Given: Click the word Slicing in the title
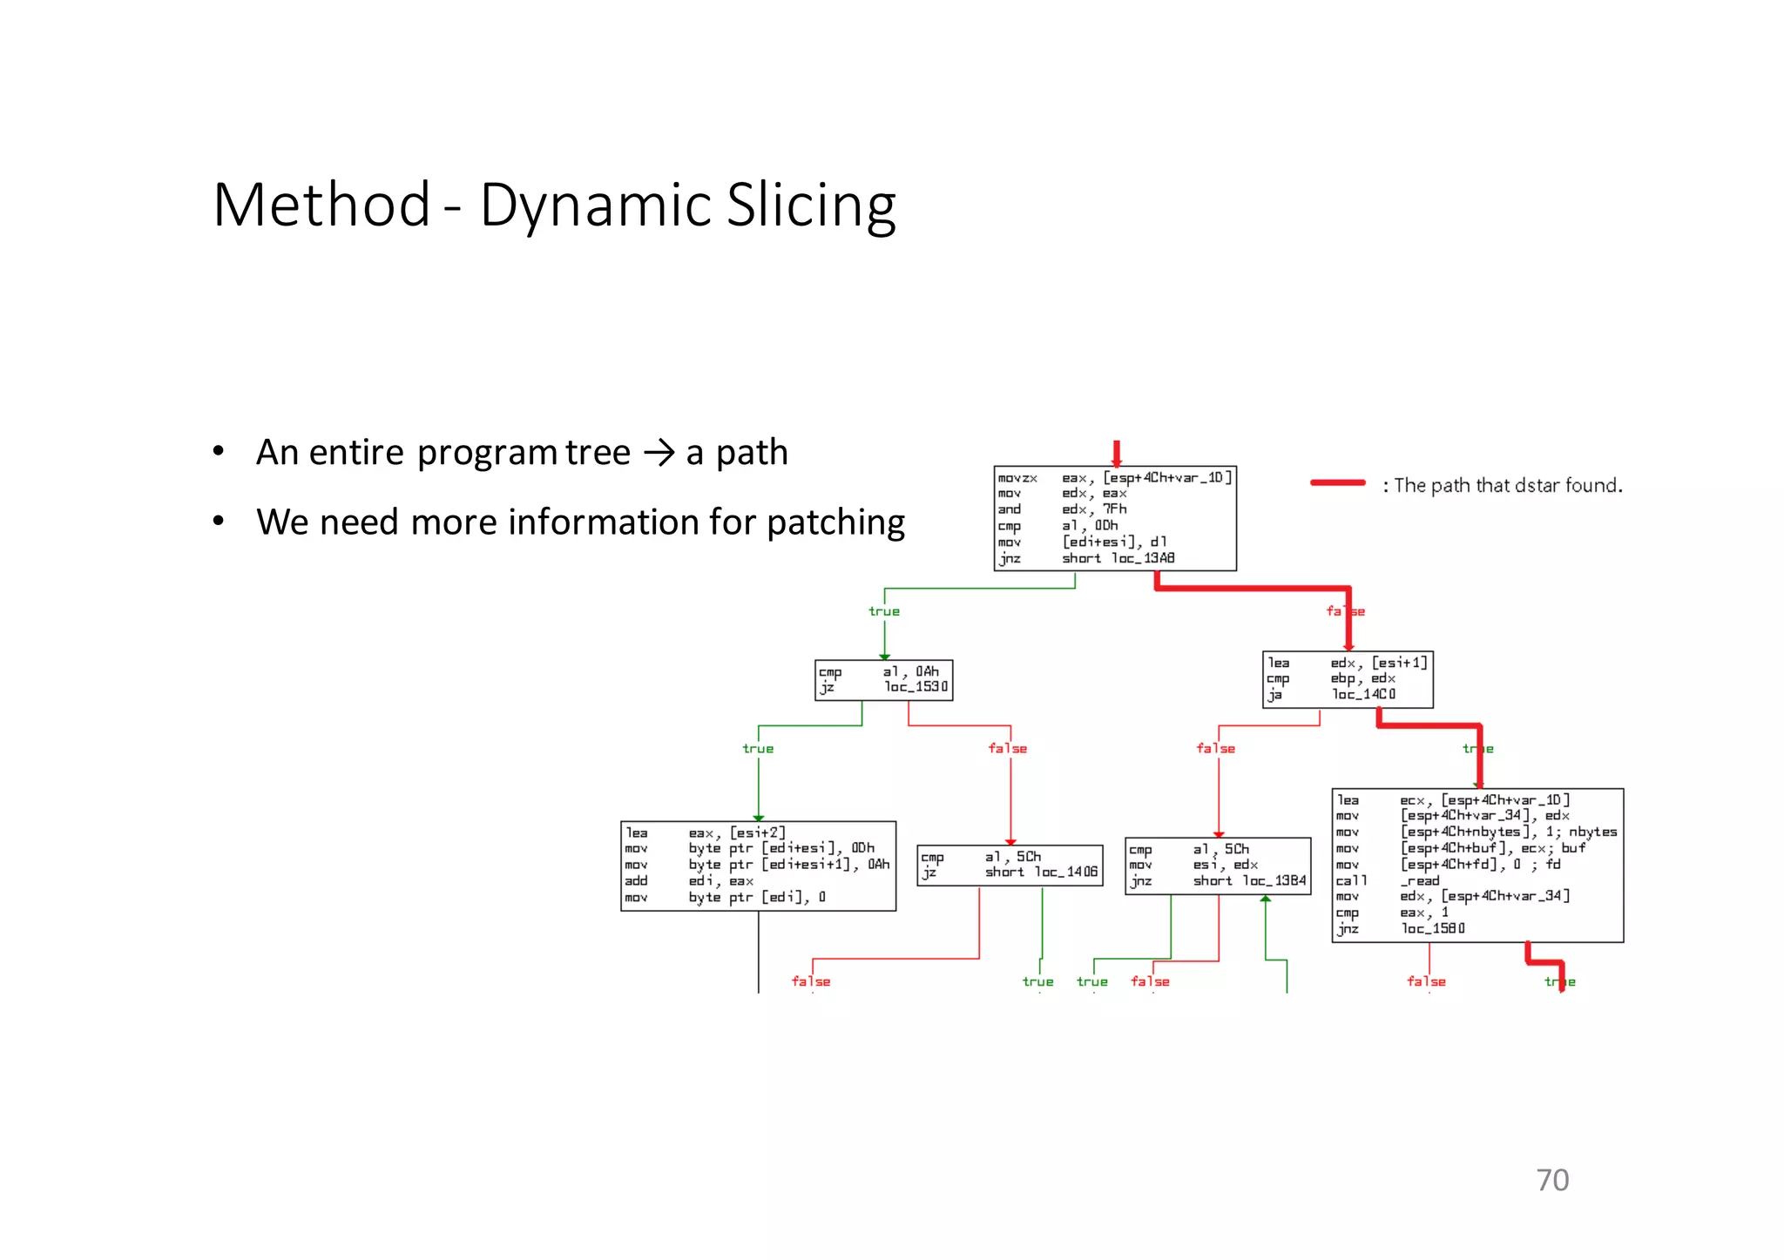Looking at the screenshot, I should [810, 206].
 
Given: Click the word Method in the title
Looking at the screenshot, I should [321, 206].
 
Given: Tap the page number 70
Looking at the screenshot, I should [1552, 1180].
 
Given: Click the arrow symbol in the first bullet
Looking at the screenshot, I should [659, 453].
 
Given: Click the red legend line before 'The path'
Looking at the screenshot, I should [1337, 482].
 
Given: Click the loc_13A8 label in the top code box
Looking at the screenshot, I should [1143, 558].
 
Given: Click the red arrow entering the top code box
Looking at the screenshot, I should [1116, 453].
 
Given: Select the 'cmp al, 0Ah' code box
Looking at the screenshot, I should [883, 679].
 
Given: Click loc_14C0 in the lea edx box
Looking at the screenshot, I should [1363, 694].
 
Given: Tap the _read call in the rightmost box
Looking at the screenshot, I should [1419, 880].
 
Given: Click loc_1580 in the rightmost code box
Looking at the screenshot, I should [1433, 928].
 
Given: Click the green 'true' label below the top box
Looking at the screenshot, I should [883, 611].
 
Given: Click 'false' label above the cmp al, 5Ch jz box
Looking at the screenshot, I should [1007, 748].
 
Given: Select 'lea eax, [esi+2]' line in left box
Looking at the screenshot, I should [706, 832].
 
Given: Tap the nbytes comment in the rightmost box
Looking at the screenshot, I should [1592, 832].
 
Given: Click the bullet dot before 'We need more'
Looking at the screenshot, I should [219, 522].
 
